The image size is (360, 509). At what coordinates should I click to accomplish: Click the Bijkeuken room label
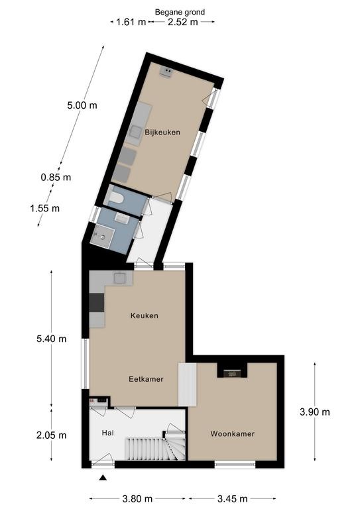point(162,133)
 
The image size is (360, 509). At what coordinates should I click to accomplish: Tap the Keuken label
point(145,315)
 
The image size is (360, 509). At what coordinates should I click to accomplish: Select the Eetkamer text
point(146,379)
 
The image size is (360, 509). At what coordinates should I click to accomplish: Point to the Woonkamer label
point(233,433)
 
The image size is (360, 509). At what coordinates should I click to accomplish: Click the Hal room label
point(107,433)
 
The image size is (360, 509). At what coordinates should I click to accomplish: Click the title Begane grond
point(180,13)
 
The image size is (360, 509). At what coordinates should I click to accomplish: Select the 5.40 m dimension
point(51,339)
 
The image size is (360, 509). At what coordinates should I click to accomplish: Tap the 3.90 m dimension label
point(314,412)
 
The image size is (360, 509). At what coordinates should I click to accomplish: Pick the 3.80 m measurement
point(137,498)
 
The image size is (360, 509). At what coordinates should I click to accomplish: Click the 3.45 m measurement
point(233,498)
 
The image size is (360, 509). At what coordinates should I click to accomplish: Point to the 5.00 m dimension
point(82,105)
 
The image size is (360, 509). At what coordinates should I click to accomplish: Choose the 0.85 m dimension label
point(56,177)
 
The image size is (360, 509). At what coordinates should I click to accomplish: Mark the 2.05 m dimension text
point(51,435)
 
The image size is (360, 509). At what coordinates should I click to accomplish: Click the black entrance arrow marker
point(103,477)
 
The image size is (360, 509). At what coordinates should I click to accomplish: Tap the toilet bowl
point(116,198)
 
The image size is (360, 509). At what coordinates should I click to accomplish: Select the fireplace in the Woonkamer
point(232,374)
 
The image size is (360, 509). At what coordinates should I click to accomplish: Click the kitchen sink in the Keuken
point(120,278)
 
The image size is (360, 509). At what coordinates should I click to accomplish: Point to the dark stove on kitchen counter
point(97,302)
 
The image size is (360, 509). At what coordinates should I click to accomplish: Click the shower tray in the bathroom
point(102,236)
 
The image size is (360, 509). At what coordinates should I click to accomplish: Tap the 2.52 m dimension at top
point(183,22)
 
